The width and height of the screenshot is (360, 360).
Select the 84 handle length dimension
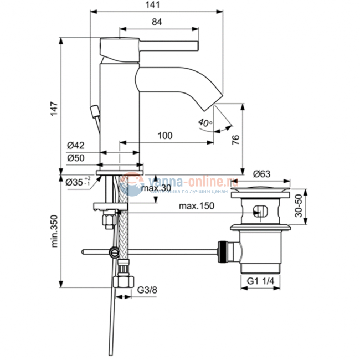point(157,22)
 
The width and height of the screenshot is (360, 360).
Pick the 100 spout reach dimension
point(164,135)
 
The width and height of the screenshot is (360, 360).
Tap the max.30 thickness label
point(155,188)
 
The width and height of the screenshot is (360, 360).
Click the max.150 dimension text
point(196,206)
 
